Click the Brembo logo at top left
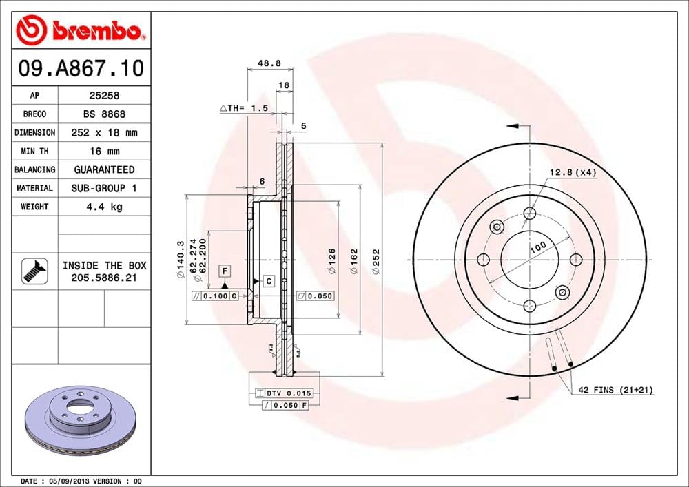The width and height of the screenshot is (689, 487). [x=81, y=30]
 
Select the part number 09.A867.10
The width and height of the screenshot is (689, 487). [x=81, y=69]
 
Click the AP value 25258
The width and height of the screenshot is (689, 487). [x=104, y=96]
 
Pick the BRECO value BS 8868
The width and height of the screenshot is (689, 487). [x=104, y=114]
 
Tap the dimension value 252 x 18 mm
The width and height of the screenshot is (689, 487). [x=104, y=132]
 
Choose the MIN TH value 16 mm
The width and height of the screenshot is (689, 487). [x=104, y=151]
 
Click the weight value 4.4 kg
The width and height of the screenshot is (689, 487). [x=104, y=207]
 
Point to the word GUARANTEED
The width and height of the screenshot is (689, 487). [x=104, y=169]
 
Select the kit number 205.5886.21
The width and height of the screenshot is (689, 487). [x=104, y=277]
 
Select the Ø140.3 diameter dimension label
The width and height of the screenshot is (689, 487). [x=180, y=260]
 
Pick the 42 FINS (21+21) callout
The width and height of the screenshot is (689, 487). [x=615, y=390]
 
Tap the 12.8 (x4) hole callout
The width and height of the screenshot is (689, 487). [x=572, y=172]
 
